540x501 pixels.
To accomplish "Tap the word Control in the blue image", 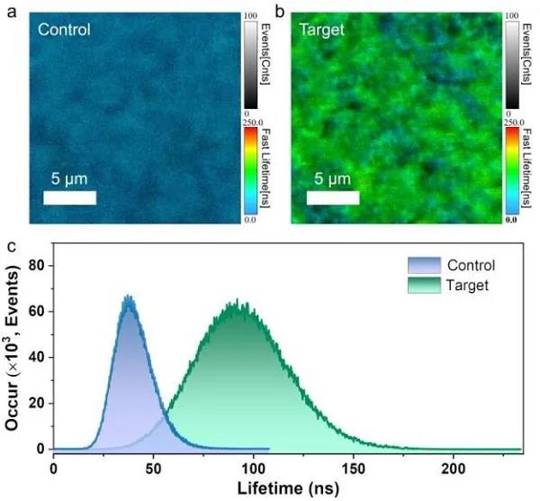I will pyautogui.click(x=64, y=30).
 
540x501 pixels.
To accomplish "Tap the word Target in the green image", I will pyautogui.click(x=322, y=30).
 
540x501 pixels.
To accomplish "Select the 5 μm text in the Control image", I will pyautogui.click(x=68, y=177).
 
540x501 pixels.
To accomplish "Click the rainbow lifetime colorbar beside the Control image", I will pyautogui.click(x=249, y=172).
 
